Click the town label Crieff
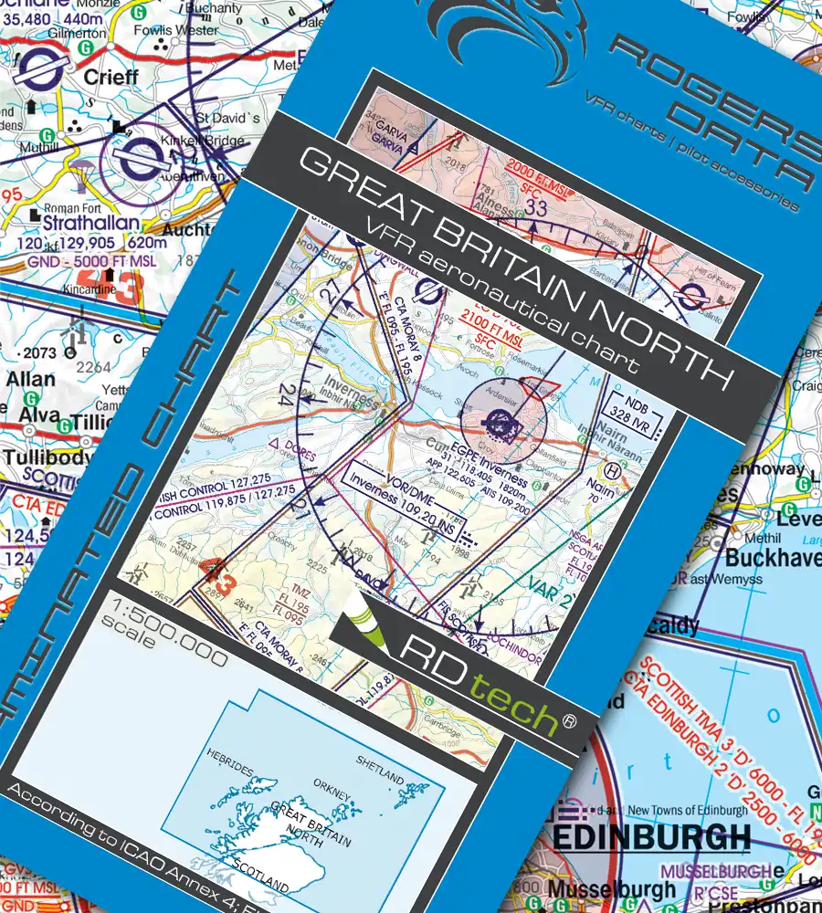click(x=111, y=77)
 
